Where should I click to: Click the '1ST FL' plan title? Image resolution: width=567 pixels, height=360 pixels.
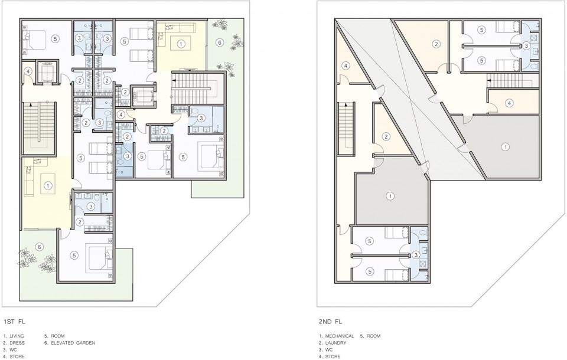point(14,321)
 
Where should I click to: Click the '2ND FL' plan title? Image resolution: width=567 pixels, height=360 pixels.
point(331,321)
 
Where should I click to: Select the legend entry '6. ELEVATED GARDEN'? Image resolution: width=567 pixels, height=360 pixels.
point(70,343)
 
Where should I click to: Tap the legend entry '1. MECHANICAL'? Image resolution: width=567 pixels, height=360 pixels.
point(336,336)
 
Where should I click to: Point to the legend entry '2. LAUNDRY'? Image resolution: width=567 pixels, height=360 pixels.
point(333,343)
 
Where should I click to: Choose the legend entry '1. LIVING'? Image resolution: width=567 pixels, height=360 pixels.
point(14,336)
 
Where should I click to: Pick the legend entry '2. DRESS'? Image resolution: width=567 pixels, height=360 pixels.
point(14,343)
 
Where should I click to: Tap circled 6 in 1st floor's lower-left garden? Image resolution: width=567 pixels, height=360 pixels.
point(40,247)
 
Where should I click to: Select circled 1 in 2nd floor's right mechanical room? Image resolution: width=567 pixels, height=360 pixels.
point(505,147)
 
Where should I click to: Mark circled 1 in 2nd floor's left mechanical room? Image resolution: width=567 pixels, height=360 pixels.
point(390,197)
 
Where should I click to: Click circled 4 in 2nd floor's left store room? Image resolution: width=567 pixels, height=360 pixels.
point(346,66)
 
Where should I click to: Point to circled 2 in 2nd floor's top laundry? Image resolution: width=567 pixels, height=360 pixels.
point(436,44)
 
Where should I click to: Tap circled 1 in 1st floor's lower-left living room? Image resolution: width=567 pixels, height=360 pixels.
point(47,186)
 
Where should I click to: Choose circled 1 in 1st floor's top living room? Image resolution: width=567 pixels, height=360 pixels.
point(181,44)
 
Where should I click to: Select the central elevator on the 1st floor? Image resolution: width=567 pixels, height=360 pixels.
point(142,96)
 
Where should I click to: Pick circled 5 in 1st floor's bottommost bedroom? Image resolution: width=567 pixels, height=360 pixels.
point(74,256)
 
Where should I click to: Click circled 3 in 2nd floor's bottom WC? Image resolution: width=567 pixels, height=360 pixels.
point(416,255)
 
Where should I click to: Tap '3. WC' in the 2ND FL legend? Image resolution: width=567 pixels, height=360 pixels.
point(326,349)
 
